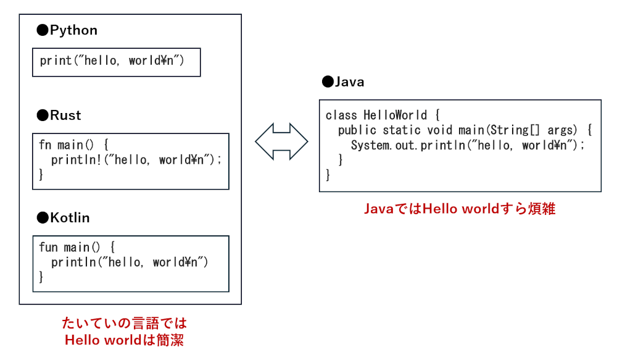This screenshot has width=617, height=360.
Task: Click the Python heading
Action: coord(73,30)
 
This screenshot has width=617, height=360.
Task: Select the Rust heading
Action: coord(65,115)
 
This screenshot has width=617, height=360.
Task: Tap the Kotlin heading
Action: coord(70,218)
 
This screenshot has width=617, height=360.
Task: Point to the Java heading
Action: coord(349,82)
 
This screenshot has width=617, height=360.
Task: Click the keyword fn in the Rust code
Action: coord(45,145)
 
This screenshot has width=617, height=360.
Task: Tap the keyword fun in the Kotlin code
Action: coord(48,248)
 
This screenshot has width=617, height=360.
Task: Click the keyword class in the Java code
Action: coord(341,115)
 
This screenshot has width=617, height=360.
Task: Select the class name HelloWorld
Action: coord(395,115)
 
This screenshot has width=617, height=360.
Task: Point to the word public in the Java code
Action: coord(357,130)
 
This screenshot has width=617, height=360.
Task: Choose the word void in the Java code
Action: coord(439,130)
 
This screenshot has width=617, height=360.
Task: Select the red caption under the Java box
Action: coord(460,209)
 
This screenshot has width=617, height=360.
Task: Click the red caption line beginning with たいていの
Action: coord(124,323)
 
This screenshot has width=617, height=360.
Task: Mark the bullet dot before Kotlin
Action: coord(42,218)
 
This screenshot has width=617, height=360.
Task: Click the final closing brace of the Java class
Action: coord(328,175)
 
